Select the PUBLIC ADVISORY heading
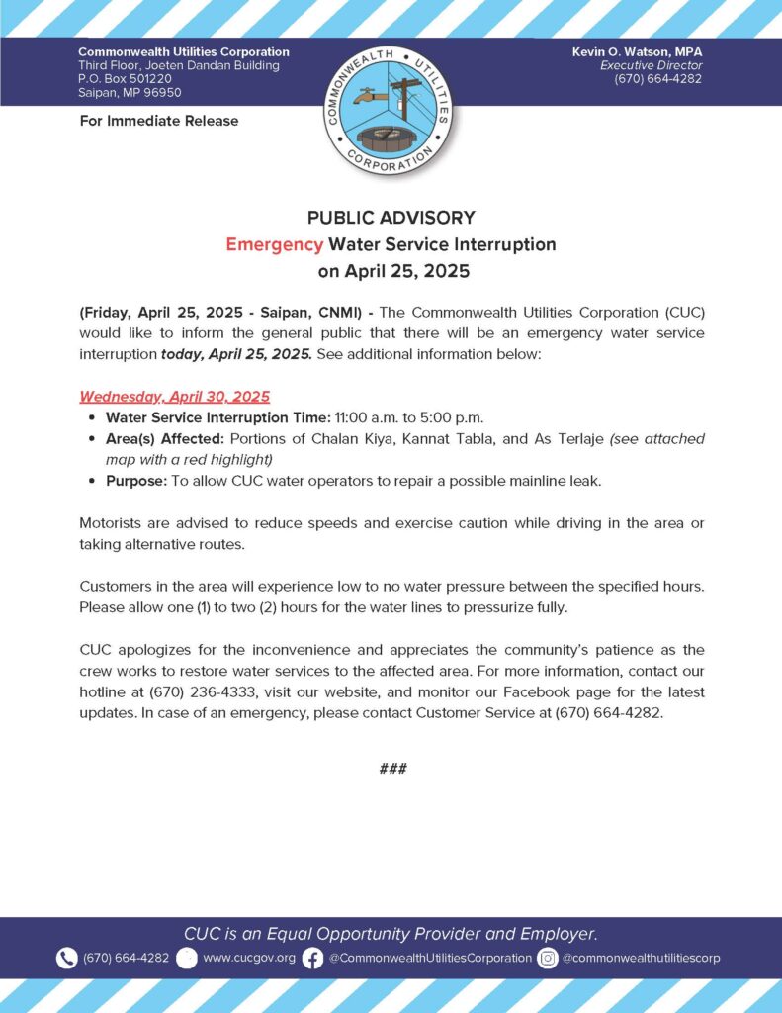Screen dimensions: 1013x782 pyautogui.click(x=391, y=218)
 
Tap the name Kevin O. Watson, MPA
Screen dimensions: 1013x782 pyautogui.click(x=637, y=51)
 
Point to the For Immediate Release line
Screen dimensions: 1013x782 pyautogui.click(x=158, y=121)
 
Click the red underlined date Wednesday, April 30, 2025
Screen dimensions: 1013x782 pyautogui.click(x=174, y=397)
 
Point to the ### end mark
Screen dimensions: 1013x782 pyautogui.click(x=392, y=769)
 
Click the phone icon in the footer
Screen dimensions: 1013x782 pyautogui.click(x=66, y=958)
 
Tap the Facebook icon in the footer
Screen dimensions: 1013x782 pyautogui.click(x=312, y=958)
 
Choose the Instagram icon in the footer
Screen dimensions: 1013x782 pyautogui.click(x=548, y=958)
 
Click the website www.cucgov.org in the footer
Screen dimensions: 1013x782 pyautogui.click(x=248, y=958)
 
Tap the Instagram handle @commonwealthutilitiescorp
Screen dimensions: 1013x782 pyautogui.click(x=642, y=958)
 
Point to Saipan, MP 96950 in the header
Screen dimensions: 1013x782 pyautogui.click(x=130, y=93)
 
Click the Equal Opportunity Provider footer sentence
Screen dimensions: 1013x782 pyautogui.click(x=391, y=933)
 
